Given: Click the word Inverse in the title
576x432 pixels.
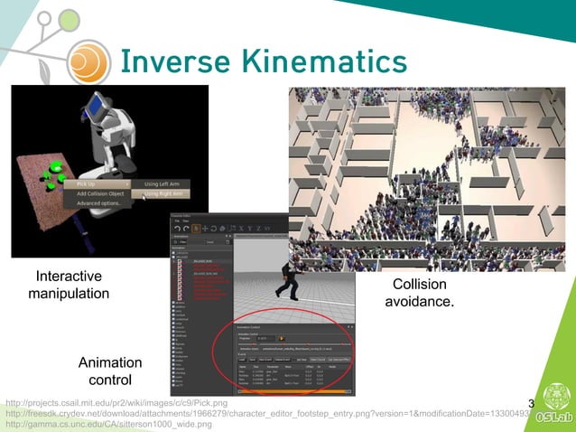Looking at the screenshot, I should pos(171,61).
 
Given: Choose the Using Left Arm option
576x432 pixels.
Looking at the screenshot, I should pos(163,183).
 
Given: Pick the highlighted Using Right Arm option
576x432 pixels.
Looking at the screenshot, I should pos(164,193).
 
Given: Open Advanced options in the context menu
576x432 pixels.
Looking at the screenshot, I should pos(98,202).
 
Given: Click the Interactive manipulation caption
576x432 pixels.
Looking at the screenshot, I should pos(69,285).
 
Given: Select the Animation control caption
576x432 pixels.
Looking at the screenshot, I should pos(111,371).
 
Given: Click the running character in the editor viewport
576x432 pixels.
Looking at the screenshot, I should pos(289,279).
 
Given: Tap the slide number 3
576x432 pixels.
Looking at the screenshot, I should pos(531,403).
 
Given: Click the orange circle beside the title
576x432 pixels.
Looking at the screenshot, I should pos(87,61).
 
